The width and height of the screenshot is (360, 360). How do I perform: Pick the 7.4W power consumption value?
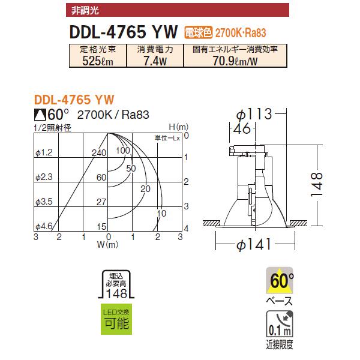coord(155,60)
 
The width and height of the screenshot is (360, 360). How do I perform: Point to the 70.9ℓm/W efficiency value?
coord(235,60)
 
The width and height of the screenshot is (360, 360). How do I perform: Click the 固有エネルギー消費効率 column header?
coord(235,49)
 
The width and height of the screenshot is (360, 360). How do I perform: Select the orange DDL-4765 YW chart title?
coord(74,100)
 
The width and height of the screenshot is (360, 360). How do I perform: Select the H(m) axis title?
coord(178,127)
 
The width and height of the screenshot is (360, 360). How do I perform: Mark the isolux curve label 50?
coord(131,168)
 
